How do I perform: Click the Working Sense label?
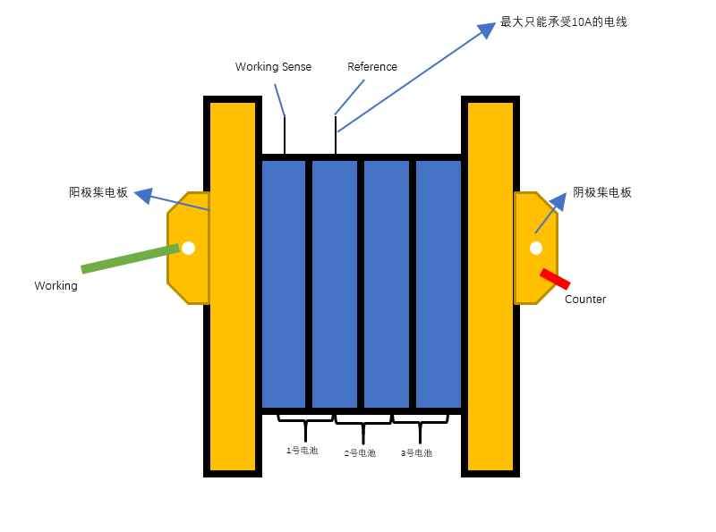pyautogui.click(x=273, y=67)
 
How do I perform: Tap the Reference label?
pyautogui.click(x=371, y=67)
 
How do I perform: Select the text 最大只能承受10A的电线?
pyautogui.click(x=563, y=21)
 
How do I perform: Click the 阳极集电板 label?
pyautogui.click(x=98, y=192)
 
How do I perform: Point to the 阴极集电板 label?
pyautogui.click(x=601, y=192)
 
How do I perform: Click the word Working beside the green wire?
pyautogui.click(x=55, y=286)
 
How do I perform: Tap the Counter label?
pyautogui.click(x=585, y=300)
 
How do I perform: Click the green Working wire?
pyautogui.click(x=130, y=258)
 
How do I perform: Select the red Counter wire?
pyautogui.click(x=555, y=278)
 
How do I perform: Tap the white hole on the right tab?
pyautogui.click(x=536, y=249)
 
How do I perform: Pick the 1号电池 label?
pyautogui.click(x=302, y=451)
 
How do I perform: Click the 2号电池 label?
pyautogui.click(x=360, y=453)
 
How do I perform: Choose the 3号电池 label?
pyautogui.click(x=416, y=453)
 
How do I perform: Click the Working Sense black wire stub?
pyautogui.click(x=285, y=136)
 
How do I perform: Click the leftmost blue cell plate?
pyautogui.click(x=284, y=283)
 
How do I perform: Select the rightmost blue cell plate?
pyautogui.click(x=439, y=283)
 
